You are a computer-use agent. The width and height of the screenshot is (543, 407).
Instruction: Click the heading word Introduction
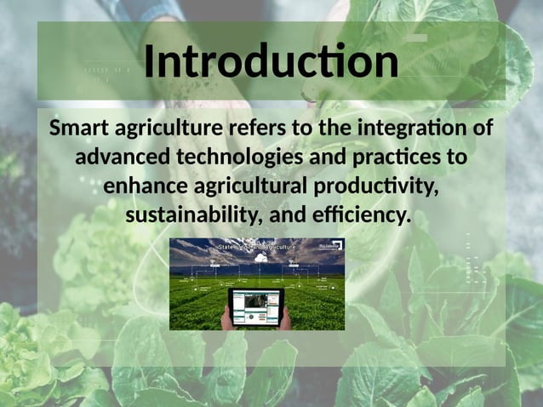[271, 62]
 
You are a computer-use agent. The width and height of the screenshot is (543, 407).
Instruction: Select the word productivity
[375, 186]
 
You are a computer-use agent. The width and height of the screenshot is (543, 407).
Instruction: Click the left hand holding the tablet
[227, 318]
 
